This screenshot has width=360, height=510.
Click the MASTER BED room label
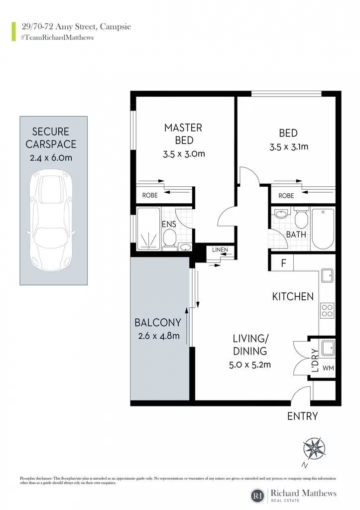click(183, 133)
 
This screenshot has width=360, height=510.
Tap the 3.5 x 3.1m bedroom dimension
click(289, 147)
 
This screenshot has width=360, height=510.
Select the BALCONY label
click(158, 322)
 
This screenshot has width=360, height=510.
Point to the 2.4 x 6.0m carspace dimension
click(51, 158)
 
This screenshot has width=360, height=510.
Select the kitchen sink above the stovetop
click(327, 275)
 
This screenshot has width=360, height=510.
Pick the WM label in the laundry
click(328, 368)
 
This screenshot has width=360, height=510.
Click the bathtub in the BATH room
click(323, 229)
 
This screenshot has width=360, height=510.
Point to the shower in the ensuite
click(148, 229)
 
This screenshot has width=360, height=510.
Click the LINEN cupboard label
click(220, 250)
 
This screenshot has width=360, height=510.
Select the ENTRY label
click(302, 416)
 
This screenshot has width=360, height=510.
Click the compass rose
click(314, 449)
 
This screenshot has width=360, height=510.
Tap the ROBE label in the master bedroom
click(150, 195)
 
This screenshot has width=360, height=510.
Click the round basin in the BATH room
click(280, 214)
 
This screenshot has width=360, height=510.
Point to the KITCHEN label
click(293, 297)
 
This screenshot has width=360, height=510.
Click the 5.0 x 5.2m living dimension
click(250, 365)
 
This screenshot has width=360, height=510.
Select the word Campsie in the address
click(116, 27)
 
